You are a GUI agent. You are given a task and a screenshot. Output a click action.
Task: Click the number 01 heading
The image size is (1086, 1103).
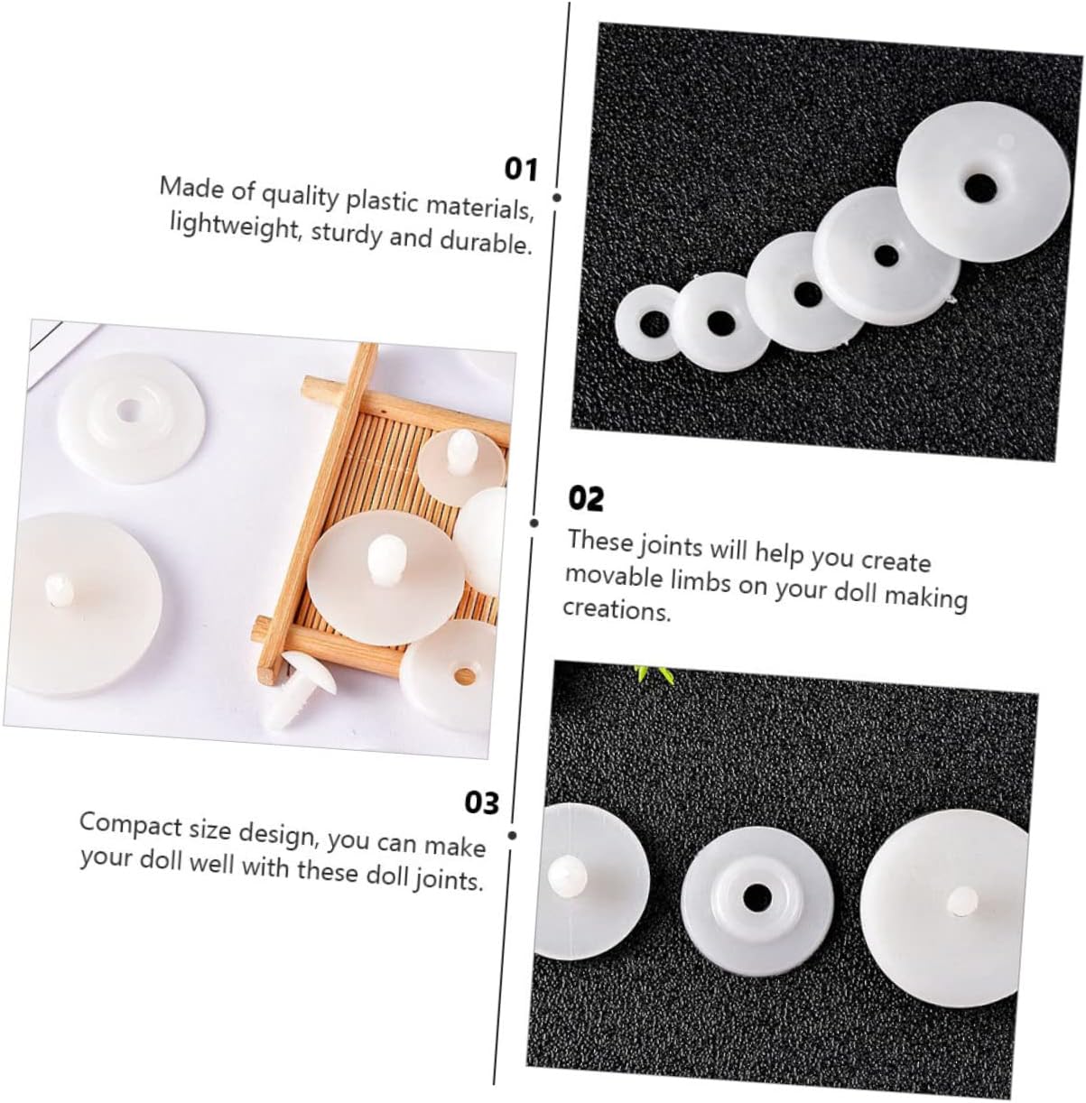[520, 170]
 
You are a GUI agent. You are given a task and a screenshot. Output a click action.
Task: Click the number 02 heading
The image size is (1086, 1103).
[586, 498]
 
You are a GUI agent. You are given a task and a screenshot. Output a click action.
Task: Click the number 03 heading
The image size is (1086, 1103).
[481, 802]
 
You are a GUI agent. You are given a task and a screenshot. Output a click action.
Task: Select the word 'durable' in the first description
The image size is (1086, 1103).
[486, 243]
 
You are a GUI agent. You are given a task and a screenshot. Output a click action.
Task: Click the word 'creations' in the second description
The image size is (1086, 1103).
[617, 610]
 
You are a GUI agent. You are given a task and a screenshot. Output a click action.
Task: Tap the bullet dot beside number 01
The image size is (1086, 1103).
[556, 198]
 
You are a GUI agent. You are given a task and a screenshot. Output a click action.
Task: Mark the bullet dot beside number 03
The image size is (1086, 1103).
[513, 836]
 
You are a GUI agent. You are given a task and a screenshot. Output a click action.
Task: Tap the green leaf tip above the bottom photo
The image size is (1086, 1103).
[654, 673]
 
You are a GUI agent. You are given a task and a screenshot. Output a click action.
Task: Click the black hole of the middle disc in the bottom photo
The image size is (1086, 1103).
[756, 894]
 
